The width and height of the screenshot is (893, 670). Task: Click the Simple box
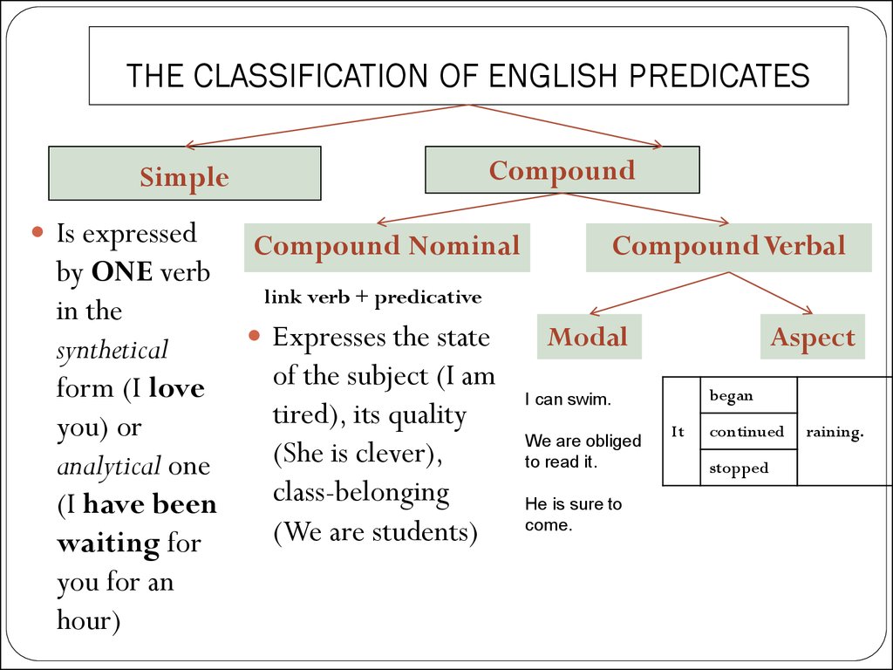click(x=185, y=174)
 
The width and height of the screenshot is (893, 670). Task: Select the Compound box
click(x=562, y=170)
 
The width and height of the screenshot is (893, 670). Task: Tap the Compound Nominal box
click(x=387, y=247)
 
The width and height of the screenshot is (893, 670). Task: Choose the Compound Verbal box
click(x=729, y=247)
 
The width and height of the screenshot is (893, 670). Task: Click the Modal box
click(x=590, y=337)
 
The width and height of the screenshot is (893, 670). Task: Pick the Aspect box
click(x=813, y=337)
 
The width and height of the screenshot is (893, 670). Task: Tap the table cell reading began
click(x=748, y=395)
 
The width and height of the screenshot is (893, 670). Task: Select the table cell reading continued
click(x=748, y=431)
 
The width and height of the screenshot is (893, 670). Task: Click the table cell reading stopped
click(x=748, y=468)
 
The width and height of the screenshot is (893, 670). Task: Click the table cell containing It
click(x=682, y=431)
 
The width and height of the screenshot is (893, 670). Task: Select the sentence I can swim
click(x=568, y=400)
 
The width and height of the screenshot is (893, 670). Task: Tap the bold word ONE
click(x=122, y=272)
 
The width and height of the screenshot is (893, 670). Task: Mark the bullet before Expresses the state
click(x=254, y=336)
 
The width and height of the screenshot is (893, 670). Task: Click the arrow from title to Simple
click(x=327, y=126)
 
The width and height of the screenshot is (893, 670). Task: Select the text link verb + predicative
click(x=373, y=297)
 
